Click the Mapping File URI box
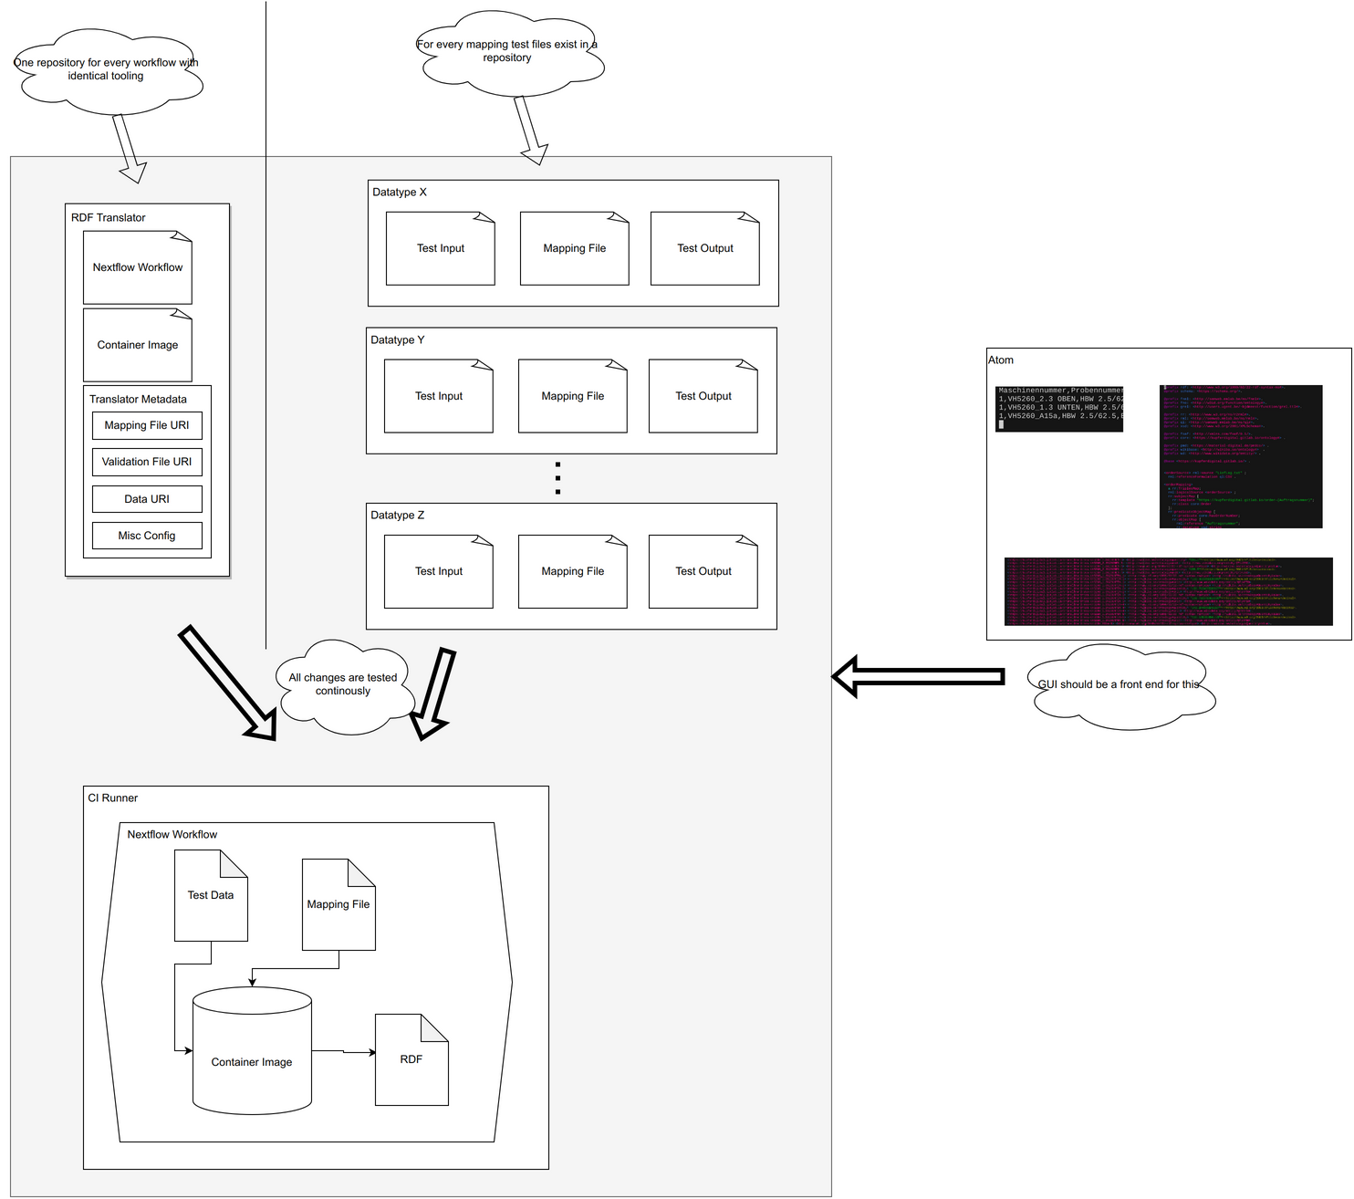pos(147,425)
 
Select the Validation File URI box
pos(147,462)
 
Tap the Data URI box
pos(147,499)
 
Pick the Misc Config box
pos(147,536)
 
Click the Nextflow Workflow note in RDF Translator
pos(138,267)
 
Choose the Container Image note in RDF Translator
pos(138,345)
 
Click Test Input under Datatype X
pos(441,248)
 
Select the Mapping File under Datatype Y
pos(573,396)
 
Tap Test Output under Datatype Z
pos(703,571)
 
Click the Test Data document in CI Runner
pos(211,895)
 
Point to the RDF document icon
pos(411,1059)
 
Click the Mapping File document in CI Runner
pos(338,904)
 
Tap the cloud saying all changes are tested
pos(343,685)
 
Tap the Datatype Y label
pos(398,340)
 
